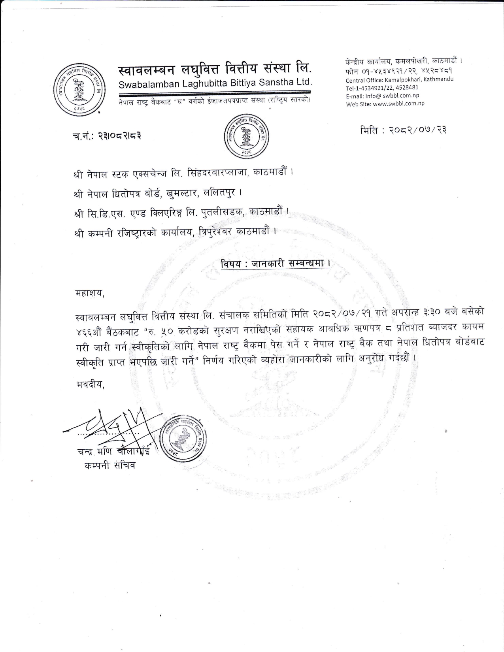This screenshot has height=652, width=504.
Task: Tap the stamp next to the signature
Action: (x=185, y=439)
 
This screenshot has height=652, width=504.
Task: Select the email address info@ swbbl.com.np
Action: (x=382, y=96)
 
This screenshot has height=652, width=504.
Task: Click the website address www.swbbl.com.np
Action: (x=385, y=104)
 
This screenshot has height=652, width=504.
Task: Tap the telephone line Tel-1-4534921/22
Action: (x=382, y=87)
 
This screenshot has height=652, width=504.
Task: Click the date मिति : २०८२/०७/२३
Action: (x=403, y=130)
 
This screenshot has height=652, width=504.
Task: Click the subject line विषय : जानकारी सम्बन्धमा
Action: (x=276, y=264)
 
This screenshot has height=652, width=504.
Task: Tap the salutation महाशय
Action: (x=90, y=293)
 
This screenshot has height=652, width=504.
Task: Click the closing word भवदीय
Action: (x=90, y=384)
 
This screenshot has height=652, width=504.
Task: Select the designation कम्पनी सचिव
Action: (x=110, y=465)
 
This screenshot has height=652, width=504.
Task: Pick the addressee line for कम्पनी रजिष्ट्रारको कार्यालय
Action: (x=175, y=232)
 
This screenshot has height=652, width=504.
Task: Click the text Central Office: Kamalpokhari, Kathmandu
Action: (x=399, y=79)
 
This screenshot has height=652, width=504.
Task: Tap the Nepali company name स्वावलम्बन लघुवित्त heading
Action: (x=215, y=70)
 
